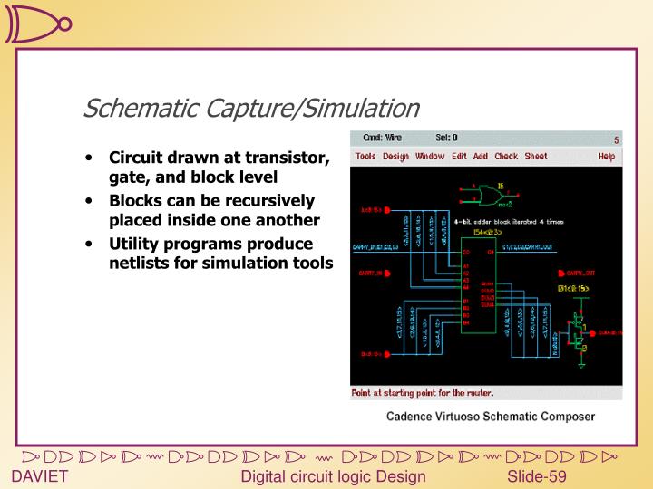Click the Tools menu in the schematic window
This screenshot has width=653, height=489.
[365, 157]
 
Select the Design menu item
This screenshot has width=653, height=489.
[395, 157]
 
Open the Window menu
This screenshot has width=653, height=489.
[430, 157]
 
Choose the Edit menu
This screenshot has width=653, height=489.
[459, 157]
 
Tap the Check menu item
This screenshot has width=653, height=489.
[506, 157]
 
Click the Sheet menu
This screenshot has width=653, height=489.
[536, 157]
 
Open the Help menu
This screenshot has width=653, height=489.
[606, 157]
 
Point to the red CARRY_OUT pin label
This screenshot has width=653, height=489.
[578, 272]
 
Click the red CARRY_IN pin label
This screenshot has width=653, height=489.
[373, 272]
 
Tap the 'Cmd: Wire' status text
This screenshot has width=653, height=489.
[382, 139]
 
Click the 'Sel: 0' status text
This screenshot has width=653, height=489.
[447, 139]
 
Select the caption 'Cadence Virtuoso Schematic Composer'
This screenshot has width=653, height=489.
[491, 417]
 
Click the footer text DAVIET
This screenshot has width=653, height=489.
[40, 477]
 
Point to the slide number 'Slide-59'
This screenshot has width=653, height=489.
[537, 477]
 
